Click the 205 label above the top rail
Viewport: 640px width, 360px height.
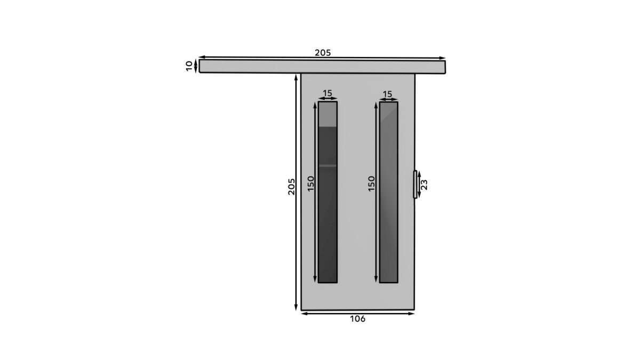pos(323,52)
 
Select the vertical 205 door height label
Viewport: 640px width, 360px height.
pos(291,186)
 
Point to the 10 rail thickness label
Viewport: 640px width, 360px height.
pos(189,66)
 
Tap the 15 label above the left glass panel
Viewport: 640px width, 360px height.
pos(327,93)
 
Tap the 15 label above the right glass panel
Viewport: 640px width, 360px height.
pos(388,94)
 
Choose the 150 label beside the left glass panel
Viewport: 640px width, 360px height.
pos(311,183)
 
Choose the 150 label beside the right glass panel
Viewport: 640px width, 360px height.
pos(372,183)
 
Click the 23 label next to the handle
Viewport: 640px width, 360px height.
pos(425,185)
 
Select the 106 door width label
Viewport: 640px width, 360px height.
pos(357,319)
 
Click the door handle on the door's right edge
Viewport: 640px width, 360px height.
pos(415,185)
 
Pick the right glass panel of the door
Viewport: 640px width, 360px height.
pos(388,192)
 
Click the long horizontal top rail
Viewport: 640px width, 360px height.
pos(322,66)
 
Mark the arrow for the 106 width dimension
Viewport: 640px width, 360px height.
pos(357,313)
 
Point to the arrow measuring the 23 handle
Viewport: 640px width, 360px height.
pos(419,185)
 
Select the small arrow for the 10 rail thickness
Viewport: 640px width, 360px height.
pos(196,66)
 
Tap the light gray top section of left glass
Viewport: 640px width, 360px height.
pos(327,114)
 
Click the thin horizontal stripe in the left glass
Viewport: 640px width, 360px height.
pos(327,166)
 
